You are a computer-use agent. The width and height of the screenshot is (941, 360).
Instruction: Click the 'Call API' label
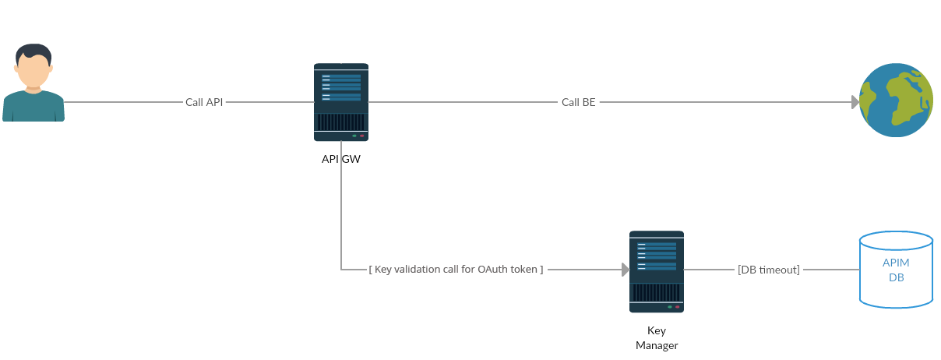pos(204,102)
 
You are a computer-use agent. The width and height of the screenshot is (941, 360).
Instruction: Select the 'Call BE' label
pos(578,102)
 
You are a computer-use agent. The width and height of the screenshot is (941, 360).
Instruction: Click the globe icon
pos(897,101)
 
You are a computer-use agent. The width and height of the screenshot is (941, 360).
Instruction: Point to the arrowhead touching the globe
pos(855,102)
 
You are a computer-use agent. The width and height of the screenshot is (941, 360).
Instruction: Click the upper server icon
pos(341,102)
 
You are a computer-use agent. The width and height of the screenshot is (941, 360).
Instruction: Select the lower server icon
pos(657,271)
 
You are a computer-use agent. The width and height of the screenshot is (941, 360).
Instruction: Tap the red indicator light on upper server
pos(362,136)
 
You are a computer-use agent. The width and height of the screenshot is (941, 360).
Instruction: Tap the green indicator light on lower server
pos(669,307)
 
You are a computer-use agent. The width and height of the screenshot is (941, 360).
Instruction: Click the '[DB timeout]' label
pos(769,270)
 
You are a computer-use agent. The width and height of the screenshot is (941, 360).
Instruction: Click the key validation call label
pos(456,270)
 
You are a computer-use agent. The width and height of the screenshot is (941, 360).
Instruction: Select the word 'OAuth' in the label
pos(492,270)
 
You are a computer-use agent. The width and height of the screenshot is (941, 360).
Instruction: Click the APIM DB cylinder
pos(896,270)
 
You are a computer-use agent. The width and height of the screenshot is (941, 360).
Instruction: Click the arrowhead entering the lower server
pos(626,270)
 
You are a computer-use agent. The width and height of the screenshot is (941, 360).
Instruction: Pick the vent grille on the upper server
pos(341,122)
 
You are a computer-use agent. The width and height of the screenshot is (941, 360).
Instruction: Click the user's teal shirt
pos(33,108)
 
